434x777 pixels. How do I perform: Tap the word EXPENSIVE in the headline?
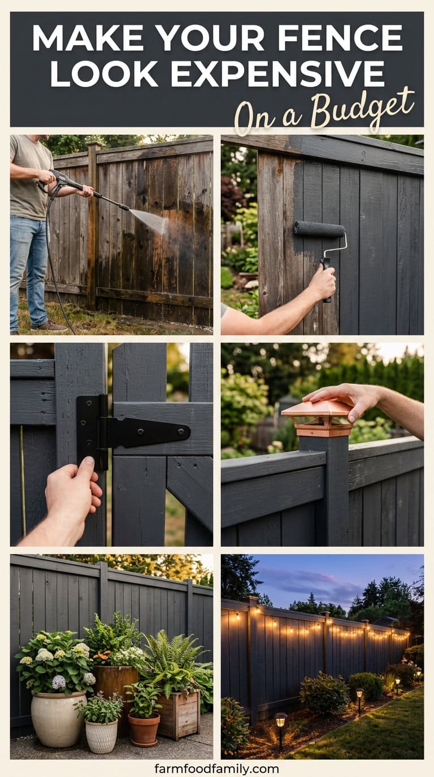point(277,74)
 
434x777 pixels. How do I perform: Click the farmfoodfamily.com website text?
point(216,766)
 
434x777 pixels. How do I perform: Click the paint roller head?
point(319,229)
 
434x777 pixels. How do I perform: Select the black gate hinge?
point(132,432)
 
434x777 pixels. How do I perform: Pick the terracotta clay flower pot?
point(144,728)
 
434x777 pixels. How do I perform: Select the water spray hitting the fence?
point(150,219)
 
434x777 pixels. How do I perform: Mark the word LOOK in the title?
point(104,74)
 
